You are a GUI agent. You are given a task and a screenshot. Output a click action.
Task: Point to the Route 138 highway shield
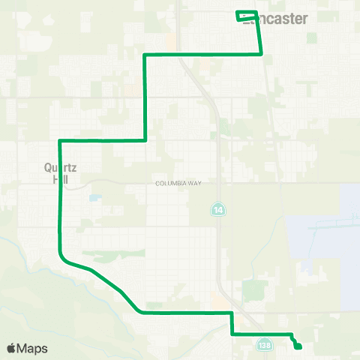pyautogui.click(x=262, y=344)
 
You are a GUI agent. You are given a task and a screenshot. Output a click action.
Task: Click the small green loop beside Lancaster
pyautogui.click(x=247, y=16)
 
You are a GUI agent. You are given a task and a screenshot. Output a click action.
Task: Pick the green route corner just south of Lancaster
pyautogui.click(x=260, y=53)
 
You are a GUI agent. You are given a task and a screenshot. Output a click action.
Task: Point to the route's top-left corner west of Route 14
pyautogui.click(x=145, y=55)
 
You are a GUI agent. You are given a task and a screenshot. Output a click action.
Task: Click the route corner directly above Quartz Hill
pyautogui.click(x=59, y=140)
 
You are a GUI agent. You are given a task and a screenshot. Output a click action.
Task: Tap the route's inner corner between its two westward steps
pyautogui.click(x=145, y=139)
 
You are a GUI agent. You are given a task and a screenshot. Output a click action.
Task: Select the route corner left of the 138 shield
pyautogui.click(x=232, y=332)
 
